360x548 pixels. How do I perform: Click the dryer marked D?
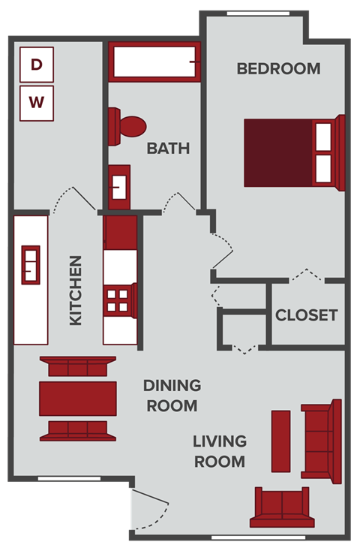[37, 64]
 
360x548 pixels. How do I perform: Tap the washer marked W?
[37, 102]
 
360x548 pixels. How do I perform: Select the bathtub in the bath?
[154, 61]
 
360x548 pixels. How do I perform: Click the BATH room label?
[168, 148]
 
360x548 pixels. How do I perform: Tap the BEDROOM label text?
[278, 68]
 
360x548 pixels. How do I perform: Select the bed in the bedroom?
[292, 153]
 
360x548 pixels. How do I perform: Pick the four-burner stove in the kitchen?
[119, 300]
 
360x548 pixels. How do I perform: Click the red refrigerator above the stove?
[119, 232]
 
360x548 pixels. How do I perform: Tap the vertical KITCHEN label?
[76, 291]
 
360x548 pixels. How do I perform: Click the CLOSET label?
[306, 315]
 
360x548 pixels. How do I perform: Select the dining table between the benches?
[78, 398]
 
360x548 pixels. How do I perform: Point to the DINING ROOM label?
[172, 396]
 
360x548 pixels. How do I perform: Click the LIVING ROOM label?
[219, 450]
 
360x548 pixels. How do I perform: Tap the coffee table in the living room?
[280, 441]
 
